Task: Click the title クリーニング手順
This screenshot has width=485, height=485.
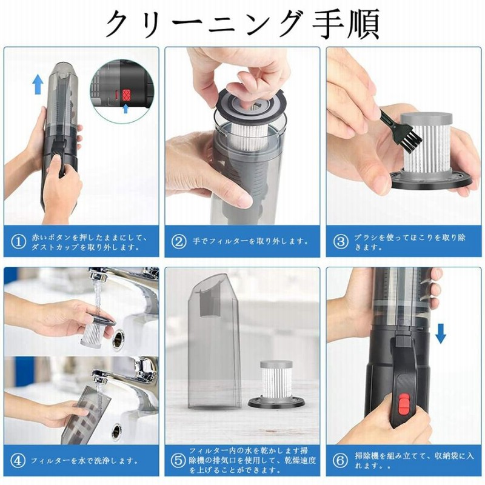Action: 242,24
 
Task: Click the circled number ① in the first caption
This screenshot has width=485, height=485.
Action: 18,241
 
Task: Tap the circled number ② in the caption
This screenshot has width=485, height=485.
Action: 179,241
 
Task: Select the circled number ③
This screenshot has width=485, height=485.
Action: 341,241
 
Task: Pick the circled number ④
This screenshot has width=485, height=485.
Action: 18,461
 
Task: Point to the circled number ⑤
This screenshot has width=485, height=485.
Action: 179,461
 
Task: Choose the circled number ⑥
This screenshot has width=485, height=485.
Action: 341,461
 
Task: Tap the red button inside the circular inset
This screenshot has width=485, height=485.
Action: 127,94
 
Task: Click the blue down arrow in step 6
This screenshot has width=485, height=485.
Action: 441,332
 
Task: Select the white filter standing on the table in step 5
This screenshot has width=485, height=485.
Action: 278,381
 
